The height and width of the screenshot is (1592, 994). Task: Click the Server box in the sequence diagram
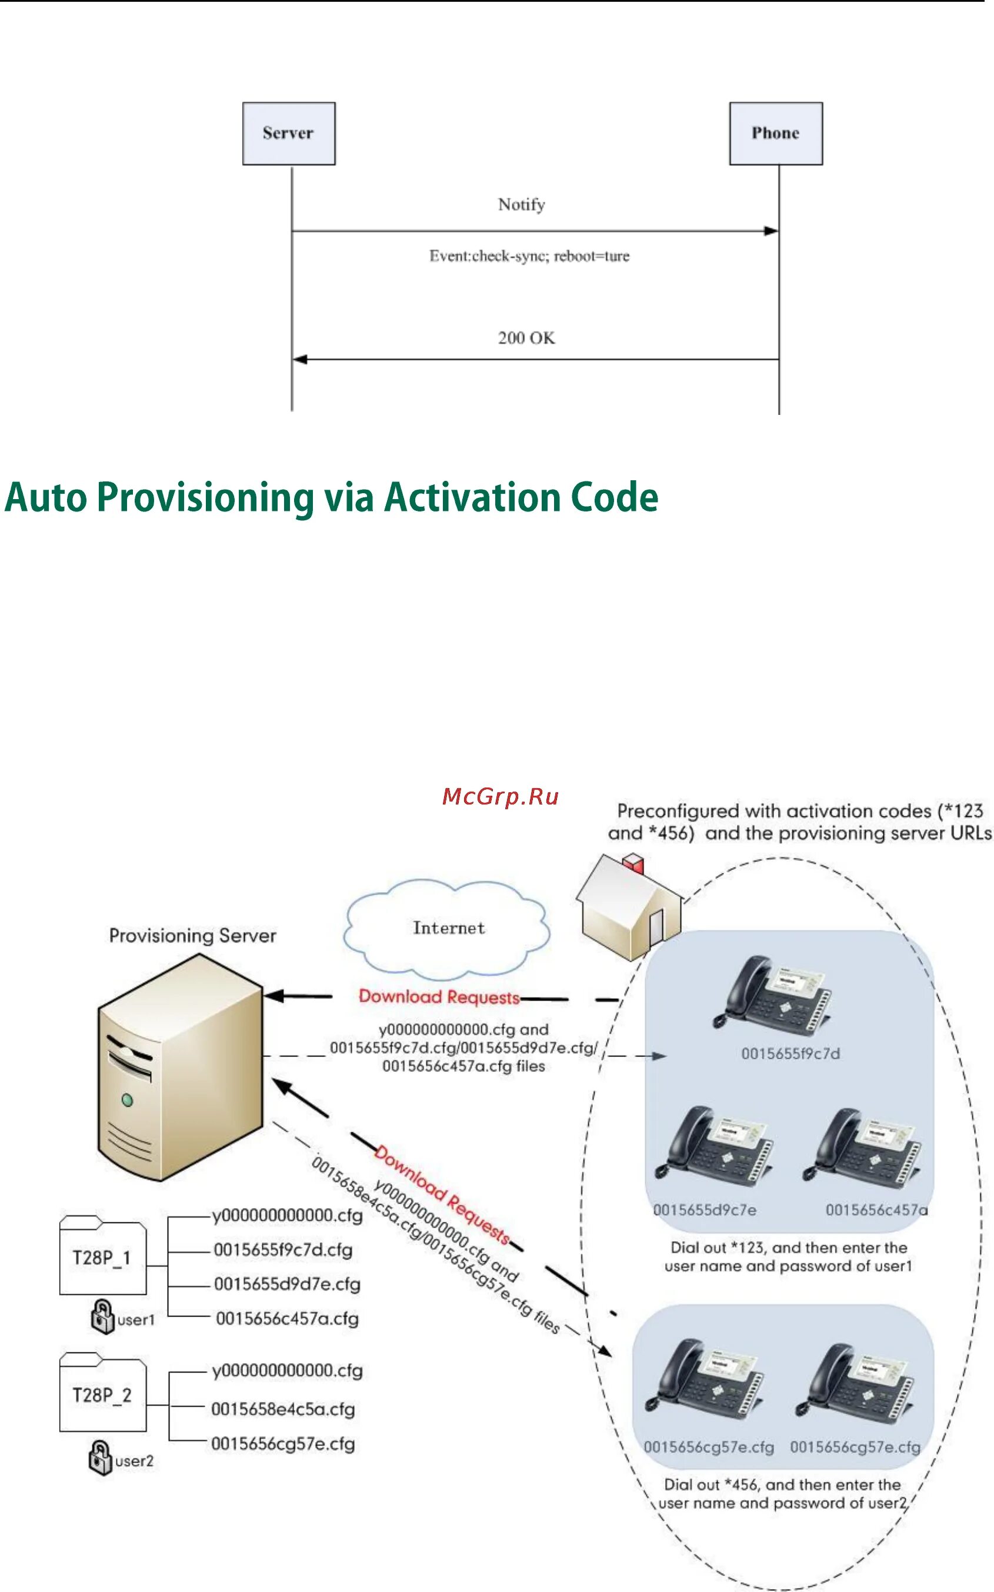point(289,133)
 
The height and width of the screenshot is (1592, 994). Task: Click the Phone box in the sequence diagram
point(776,133)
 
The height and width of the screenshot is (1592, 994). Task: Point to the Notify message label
point(521,205)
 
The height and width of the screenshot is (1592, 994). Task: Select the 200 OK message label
point(526,338)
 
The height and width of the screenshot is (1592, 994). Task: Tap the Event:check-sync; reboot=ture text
point(529,256)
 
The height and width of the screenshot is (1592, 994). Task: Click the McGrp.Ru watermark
point(501,797)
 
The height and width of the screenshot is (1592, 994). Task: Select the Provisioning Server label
point(192,935)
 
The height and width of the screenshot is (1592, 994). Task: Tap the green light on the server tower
point(128,1100)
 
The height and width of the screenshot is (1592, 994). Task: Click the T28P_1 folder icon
point(102,1257)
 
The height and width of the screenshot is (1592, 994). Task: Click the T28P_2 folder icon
point(102,1395)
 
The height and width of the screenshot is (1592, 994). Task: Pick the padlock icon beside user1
point(102,1317)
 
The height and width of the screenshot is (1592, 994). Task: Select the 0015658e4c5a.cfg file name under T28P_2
point(283,1409)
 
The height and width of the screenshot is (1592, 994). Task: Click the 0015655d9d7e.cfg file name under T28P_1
point(286,1284)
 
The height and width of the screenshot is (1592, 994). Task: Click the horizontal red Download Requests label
point(439,998)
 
